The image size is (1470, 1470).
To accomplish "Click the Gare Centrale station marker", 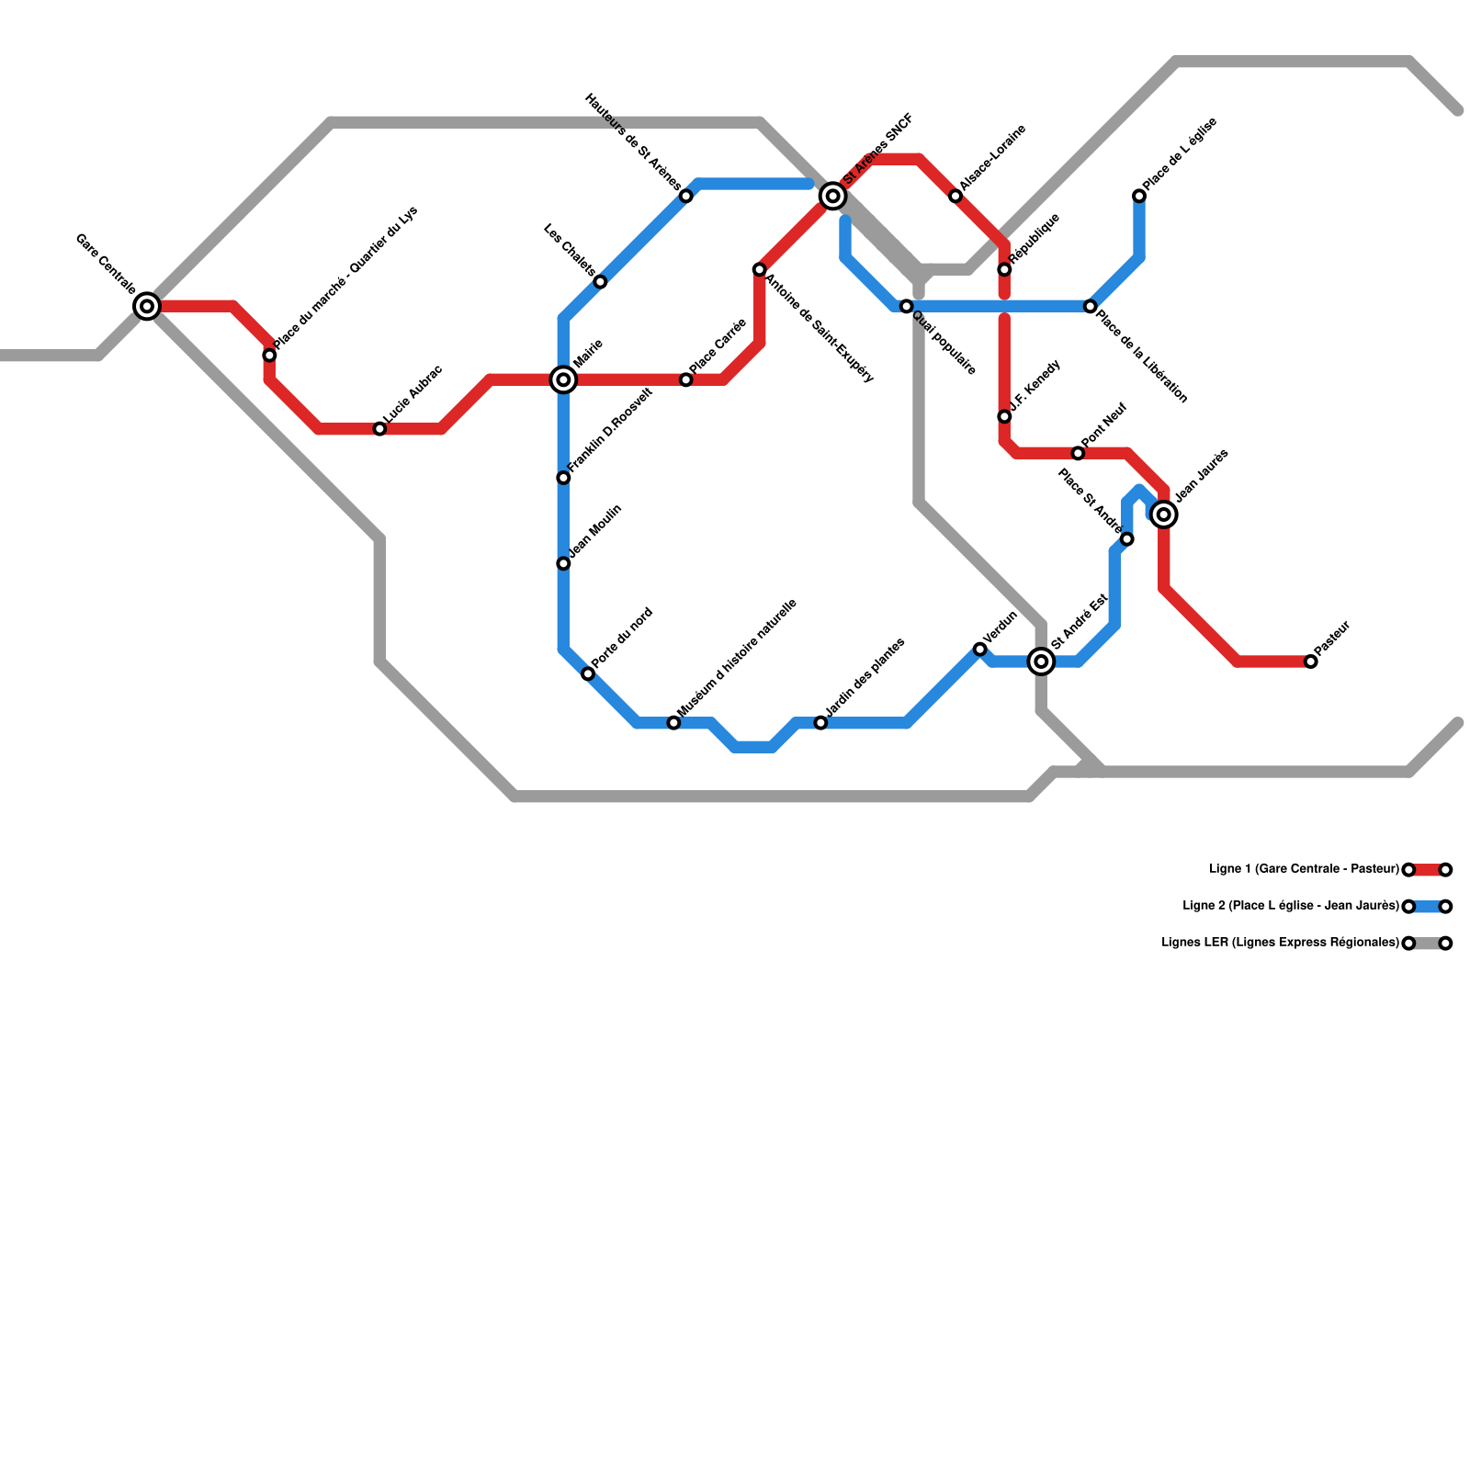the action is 147,306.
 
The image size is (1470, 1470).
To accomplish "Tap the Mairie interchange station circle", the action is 563,379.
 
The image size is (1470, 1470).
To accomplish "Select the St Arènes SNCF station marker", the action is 833,196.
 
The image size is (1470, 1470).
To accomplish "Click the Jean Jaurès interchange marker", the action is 1164,514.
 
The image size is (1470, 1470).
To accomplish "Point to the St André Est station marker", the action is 1041,661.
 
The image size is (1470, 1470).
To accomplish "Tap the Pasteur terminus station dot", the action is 1311,661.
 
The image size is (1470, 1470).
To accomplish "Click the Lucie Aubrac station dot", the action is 379,429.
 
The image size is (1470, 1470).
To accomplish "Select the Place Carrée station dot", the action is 686,379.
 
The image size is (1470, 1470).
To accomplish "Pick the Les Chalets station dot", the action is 600,282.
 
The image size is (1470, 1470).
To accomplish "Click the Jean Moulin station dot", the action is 563,563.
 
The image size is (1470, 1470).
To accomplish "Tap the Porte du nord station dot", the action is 588,674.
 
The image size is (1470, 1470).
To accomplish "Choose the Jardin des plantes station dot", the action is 820,723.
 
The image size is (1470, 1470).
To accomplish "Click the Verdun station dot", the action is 980,650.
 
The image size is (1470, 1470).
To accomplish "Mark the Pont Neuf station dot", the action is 1078,453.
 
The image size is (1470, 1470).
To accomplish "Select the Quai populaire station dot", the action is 907,306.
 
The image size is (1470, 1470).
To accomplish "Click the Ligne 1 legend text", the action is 1304,869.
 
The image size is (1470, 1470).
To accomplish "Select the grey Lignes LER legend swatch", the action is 1427,944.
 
